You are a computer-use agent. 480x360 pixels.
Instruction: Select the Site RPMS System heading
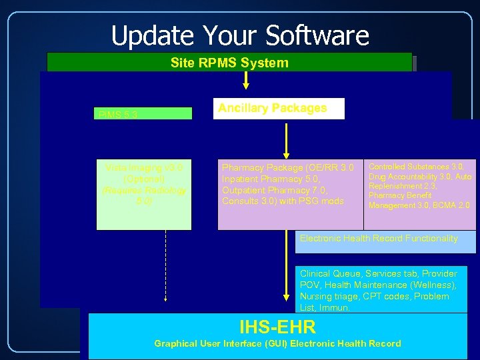(x=229, y=63)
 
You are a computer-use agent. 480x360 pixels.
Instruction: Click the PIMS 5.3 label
(x=119, y=115)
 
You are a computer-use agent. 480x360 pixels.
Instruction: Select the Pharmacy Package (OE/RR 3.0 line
(x=288, y=167)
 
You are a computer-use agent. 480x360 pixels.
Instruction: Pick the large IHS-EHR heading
(x=277, y=327)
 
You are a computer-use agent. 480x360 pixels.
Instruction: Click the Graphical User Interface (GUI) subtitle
(x=277, y=343)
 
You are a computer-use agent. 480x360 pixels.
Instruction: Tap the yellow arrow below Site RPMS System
(x=246, y=80)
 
